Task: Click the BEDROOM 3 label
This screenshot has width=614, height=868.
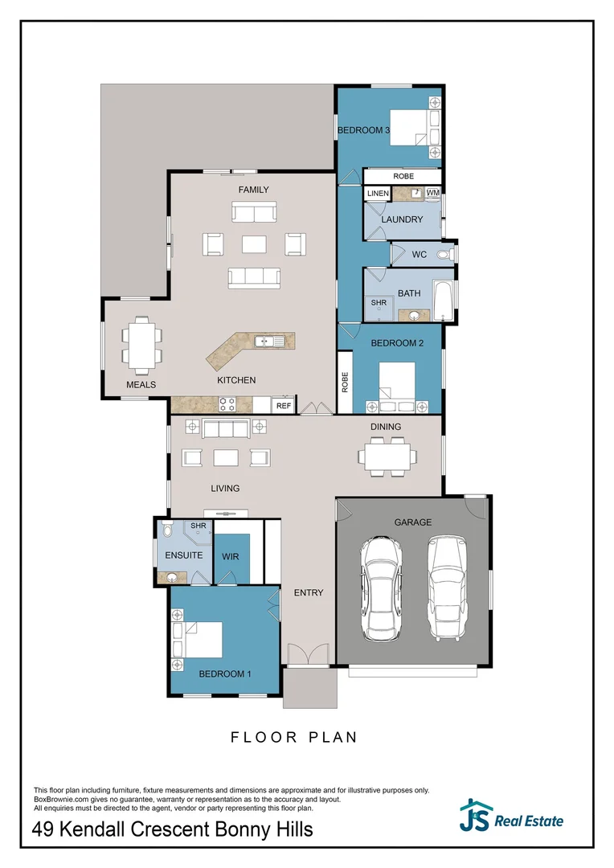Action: click(363, 130)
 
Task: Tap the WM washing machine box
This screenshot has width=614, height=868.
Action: click(433, 193)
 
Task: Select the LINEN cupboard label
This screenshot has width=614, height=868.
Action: click(378, 194)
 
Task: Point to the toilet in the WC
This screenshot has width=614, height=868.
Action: click(444, 254)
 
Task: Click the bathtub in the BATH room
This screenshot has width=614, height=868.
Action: click(444, 295)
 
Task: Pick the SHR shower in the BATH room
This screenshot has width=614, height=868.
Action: click(379, 303)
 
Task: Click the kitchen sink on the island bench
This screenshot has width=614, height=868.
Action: click(268, 342)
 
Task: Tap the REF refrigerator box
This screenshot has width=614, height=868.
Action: click(284, 406)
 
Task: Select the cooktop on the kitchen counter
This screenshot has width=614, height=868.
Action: click(227, 405)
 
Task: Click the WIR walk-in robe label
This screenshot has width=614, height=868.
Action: click(230, 556)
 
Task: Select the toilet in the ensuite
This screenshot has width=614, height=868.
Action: click(166, 532)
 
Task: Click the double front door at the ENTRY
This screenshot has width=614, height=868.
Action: click(307, 655)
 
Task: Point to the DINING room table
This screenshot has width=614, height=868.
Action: click(387, 457)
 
